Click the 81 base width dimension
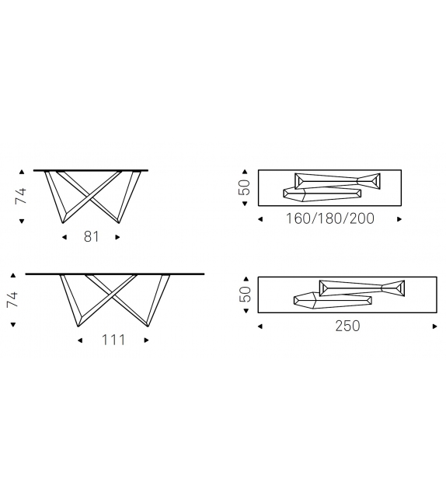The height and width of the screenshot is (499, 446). pos(92,236)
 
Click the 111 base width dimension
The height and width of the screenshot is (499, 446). pos(113,340)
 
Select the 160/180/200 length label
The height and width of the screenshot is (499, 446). pos(330,218)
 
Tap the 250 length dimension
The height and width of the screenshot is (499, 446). pos(347,326)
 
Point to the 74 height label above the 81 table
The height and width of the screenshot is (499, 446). pos(22,195)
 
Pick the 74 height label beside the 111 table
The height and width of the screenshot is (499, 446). pos(12,299)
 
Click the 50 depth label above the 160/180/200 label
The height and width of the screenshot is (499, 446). pos(245,187)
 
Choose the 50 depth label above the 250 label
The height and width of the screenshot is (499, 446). pos(245,294)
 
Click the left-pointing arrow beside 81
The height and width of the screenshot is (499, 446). pos(64,236)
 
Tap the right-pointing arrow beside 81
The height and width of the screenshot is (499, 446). pos(118,236)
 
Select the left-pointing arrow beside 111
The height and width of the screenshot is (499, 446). pos(80,340)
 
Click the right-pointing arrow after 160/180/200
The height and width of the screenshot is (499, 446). pos(399,219)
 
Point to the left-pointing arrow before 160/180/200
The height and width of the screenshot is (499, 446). pos(260,219)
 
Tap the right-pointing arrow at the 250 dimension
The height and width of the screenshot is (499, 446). pos(434,326)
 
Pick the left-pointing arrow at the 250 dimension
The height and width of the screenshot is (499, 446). pos(260,326)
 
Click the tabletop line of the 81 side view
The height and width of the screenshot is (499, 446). pos(92,169)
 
